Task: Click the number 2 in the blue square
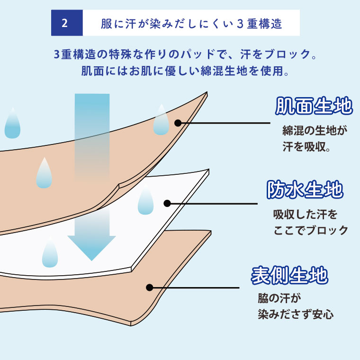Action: click(65, 23)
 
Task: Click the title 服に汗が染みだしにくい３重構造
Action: click(191, 23)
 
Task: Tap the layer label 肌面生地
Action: click(314, 106)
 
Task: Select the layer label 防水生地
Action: click(305, 189)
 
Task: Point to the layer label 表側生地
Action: click(289, 275)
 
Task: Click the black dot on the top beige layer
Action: click(178, 123)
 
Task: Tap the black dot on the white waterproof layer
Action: click(167, 203)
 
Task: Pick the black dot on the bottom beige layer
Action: click(150, 288)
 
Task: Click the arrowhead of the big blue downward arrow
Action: click(91, 248)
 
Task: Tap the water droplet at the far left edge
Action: click(12, 123)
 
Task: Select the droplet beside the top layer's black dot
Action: click(161, 120)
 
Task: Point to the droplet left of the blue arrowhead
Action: click(50, 252)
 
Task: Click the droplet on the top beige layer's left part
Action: click(44, 173)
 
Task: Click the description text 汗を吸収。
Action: click(306, 146)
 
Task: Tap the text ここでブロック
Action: click(311, 230)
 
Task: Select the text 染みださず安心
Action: click(296, 314)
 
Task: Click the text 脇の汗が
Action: click(279, 298)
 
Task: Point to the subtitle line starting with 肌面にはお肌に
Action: click(185, 71)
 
